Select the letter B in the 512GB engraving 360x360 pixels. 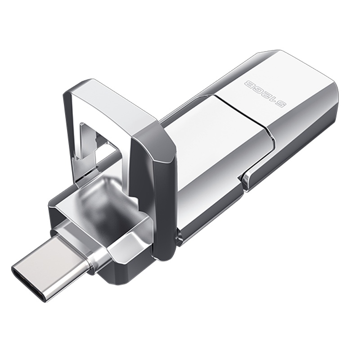pyautogui.click(x=249, y=83)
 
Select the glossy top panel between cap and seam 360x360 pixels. pyautogui.click(x=211, y=148)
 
